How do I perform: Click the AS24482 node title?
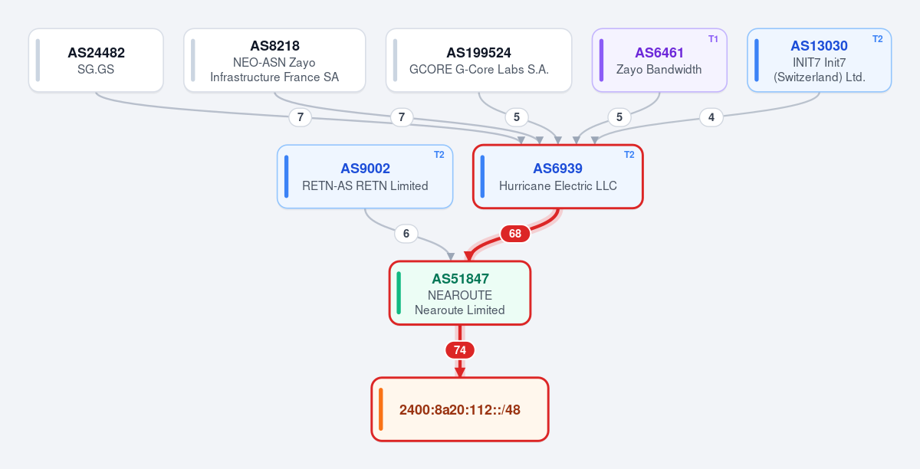click(x=96, y=53)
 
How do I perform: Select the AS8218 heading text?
click(x=274, y=45)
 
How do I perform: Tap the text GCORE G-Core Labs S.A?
click(x=479, y=70)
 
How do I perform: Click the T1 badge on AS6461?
click(x=713, y=39)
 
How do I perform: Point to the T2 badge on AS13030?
click(x=877, y=39)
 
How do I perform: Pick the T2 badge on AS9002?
click(x=439, y=155)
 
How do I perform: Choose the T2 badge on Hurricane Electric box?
click(x=629, y=155)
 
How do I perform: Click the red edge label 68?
click(x=515, y=234)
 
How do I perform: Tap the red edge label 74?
click(x=460, y=350)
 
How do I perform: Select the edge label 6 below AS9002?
click(x=406, y=234)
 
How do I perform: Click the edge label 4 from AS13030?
click(x=711, y=117)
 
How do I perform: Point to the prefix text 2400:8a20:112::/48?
click(x=460, y=410)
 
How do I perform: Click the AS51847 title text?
click(x=460, y=279)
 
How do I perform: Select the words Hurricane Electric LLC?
click(x=558, y=186)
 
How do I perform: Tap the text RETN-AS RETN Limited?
click(x=365, y=186)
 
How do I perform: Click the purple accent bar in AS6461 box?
click(x=601, y=61)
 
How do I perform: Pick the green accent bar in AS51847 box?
click(x=399, y=293)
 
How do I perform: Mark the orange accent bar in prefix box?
click(x=381, y=409)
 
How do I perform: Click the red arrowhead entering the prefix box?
click(x=460, y=372)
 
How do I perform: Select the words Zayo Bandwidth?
click(x=659, y=70)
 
